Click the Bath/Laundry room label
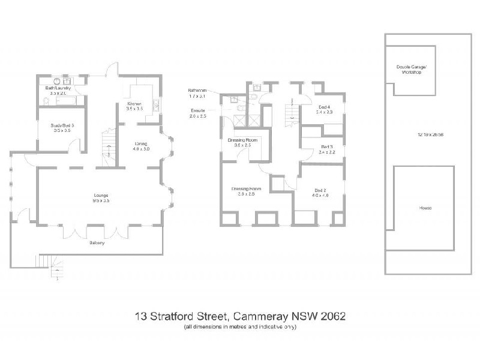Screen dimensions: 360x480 tap(58, 88)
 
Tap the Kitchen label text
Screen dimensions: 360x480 tap(134, 103)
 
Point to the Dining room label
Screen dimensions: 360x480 tap(142, 143)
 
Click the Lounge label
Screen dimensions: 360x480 tap(100, 195)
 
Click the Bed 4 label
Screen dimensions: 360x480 tap(324, 107)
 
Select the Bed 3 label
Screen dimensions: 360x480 tap(327, 147)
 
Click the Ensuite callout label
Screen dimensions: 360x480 tap(199, 110)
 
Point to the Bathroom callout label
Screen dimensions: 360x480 tap(197, 90)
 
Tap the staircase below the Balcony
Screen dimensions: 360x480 tap(51, 263)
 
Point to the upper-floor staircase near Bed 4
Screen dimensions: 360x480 tap(292, 112)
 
